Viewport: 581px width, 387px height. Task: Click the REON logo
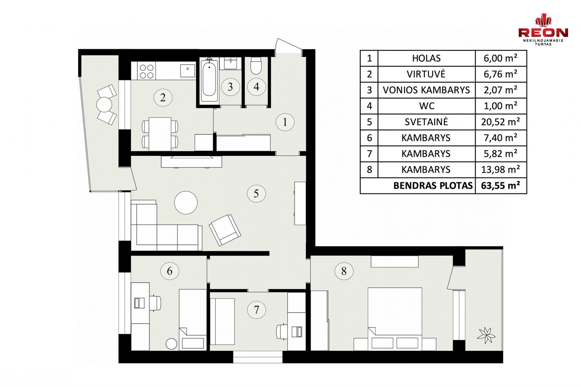543,29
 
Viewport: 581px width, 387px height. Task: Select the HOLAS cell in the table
426,58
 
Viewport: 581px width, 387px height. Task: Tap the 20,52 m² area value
501,122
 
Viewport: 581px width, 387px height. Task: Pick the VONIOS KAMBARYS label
426,90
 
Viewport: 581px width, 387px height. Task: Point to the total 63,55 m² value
501,185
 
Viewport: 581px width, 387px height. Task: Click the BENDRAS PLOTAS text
433,186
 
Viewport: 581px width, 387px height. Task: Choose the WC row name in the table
427,106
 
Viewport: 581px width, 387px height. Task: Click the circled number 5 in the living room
256,193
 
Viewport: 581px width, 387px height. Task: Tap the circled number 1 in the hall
285,122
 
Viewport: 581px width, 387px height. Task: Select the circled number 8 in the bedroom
344,271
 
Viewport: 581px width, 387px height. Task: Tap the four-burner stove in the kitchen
146,71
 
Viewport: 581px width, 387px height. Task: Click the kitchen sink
187,71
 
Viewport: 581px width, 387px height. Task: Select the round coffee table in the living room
186,203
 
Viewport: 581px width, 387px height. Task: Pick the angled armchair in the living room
225,230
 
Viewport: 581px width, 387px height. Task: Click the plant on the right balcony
486,335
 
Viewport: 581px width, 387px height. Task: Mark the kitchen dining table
160,134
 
